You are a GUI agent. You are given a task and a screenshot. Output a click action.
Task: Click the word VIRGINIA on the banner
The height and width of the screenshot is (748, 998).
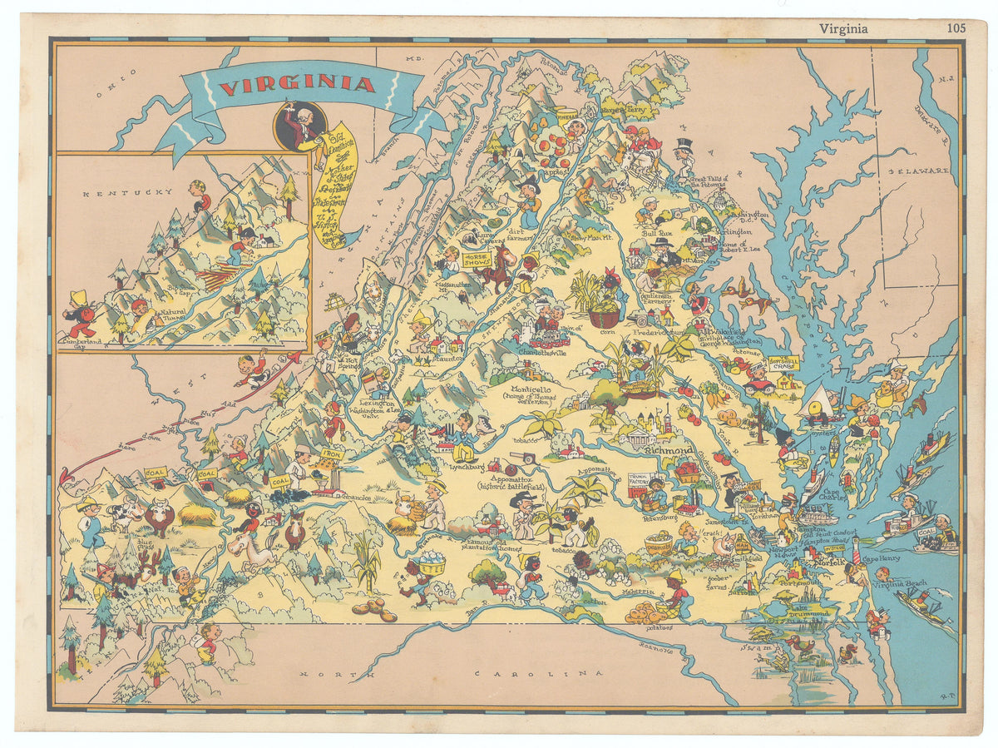(x=297, y=84)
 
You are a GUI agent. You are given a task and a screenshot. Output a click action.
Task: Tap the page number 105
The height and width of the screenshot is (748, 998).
(x=956, y=27)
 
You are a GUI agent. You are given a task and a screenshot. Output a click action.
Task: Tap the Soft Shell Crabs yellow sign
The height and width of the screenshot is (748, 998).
(x=783, y=364)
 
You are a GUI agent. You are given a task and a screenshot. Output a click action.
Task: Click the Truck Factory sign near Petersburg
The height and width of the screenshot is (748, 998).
(x=639, y=483)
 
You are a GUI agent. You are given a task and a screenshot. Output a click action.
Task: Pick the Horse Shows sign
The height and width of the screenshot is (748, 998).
(x=477, y=259)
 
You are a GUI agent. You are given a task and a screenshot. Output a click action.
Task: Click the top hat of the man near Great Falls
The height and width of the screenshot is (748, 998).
(x=684, y=145)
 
